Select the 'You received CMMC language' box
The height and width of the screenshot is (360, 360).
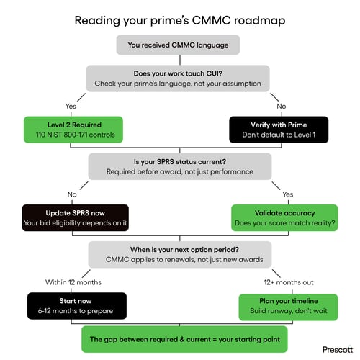(x=179, y=46)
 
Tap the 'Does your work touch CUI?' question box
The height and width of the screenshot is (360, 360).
(x=179, y=78)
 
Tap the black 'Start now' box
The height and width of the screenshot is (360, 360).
(x=76, y=305)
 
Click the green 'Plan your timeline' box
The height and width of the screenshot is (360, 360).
(x=284, y=305)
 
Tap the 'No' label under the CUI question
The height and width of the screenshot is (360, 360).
(x=281, y=105)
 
